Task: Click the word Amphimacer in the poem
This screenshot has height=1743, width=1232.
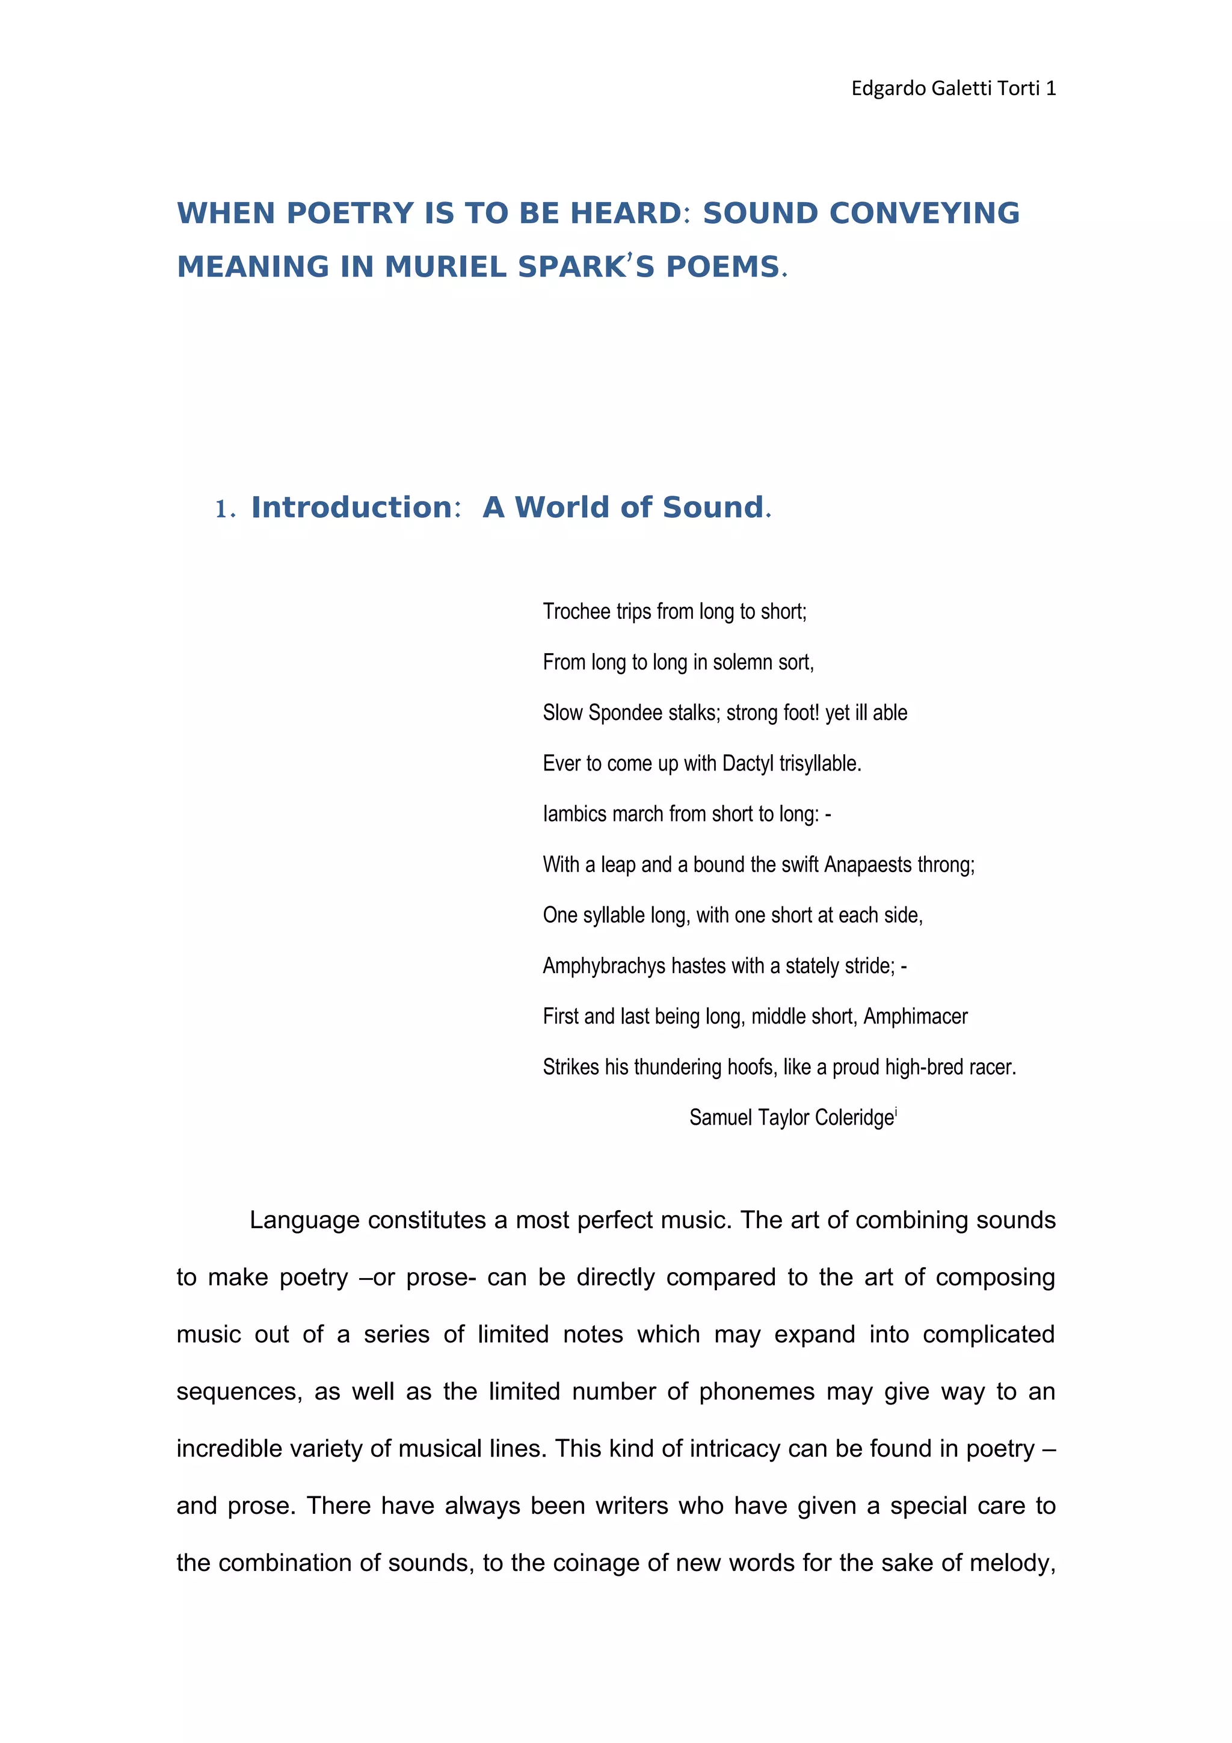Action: (x=915, y=1016)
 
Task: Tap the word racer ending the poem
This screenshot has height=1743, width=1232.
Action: (x=994, y=1068)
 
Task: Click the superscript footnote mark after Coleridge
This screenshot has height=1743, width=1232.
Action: (x=896, y=1111)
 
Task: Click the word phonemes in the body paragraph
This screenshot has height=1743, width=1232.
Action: (x=756, y=1392)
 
